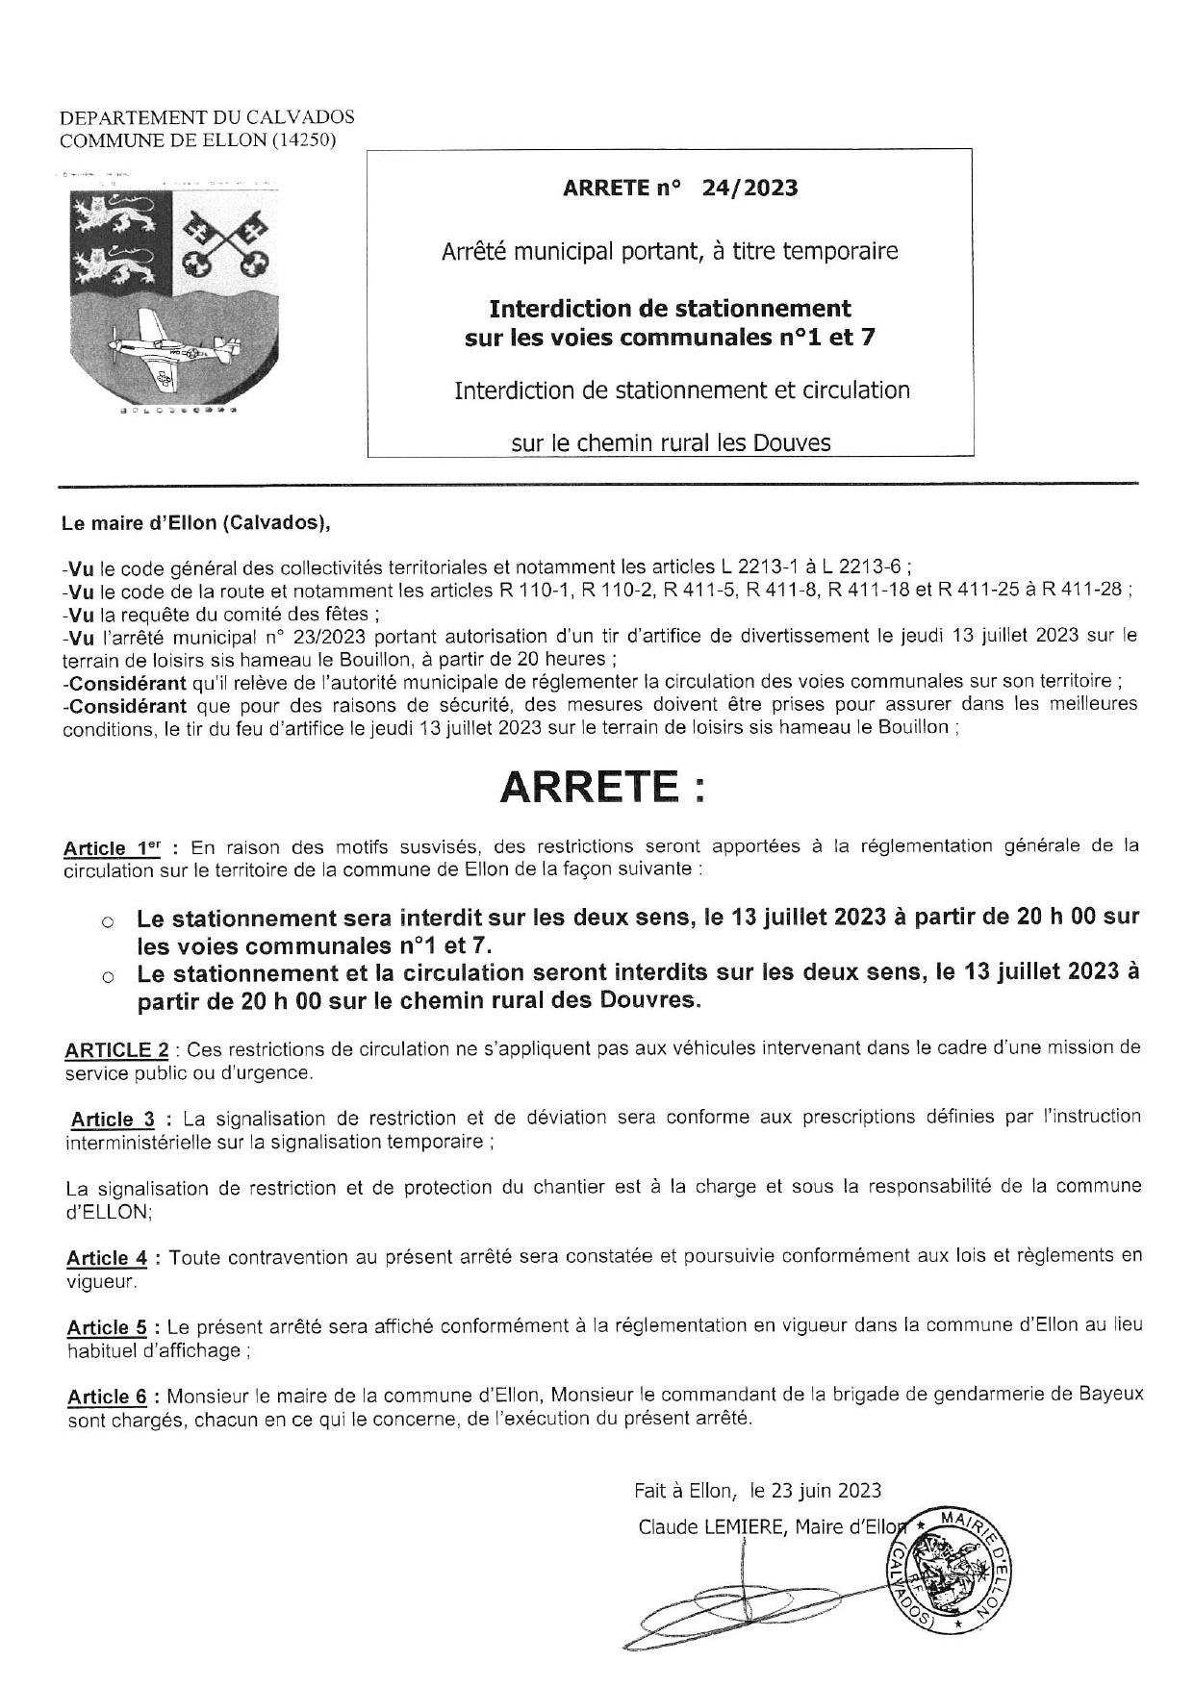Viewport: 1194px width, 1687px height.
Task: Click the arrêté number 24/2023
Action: pyautogui.click(x=749, y=188)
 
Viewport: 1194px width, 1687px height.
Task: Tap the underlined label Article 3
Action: pyautogui.click(x=113, y=1119)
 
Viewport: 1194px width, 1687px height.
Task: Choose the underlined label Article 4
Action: pyautogui.click(x=107, y=1258)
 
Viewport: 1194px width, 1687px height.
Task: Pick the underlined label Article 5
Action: pyautogui.click(x=107, y=1327)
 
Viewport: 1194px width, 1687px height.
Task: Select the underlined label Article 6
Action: pyautogui.click(x=107, y=1397)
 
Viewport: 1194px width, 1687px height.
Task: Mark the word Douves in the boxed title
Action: pyautogui.click(x=793, y=442)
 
